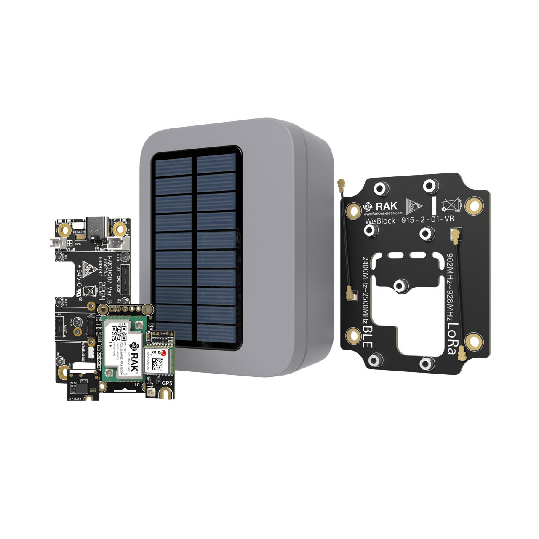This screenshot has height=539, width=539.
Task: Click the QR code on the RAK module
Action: click(118, 333)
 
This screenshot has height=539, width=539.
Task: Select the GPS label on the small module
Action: click(167, 383)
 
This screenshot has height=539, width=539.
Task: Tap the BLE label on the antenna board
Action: click(367, 337)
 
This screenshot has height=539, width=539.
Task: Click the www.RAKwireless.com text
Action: click(383, 213)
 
